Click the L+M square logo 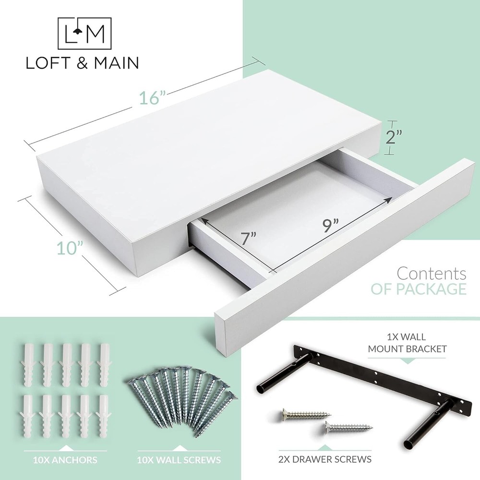(x=84, y=34)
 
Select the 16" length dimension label (x=152, y=97)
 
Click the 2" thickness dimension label (x=394, y=137)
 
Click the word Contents (x=432, y=274)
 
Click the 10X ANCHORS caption (x=65, y=459)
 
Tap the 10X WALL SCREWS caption (x=179, y=459)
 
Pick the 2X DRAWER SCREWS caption (x=325, y=459)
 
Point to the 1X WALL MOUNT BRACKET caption (x=407, y=343)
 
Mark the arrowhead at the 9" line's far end (x=389, y=199)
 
